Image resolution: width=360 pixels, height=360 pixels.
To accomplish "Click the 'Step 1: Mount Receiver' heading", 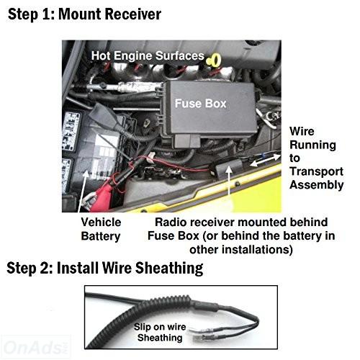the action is click(84, 14).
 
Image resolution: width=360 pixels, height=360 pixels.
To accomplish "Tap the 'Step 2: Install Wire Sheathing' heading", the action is click(105, 268).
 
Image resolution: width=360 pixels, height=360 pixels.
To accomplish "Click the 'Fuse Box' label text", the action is click(201, 104).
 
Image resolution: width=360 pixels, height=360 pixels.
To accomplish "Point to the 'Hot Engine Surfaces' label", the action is click(148, 55).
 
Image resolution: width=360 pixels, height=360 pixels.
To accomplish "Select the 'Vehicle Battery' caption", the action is click(101, 229).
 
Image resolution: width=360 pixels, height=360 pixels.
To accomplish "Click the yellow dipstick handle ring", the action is click(214, 60).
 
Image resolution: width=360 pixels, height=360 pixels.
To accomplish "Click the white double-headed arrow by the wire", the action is click(265, 161).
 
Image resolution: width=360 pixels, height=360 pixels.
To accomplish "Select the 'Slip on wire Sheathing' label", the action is click(160, 332).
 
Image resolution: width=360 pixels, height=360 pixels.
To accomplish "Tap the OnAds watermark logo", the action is click(35, 347).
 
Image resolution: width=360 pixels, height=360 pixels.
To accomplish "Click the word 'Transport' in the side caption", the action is click(316, 171).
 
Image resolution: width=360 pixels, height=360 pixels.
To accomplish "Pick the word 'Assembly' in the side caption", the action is click(316, 185).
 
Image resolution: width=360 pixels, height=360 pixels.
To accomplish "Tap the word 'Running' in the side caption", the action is click(312, 145).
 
